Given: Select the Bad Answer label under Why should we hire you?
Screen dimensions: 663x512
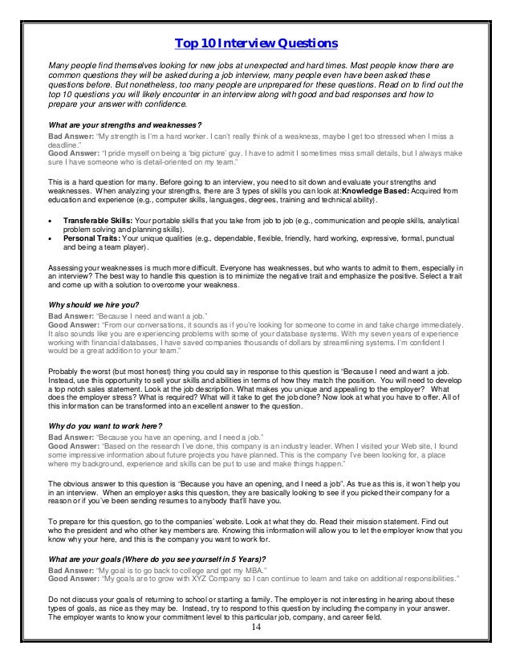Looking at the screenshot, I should (x=71, y=316).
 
